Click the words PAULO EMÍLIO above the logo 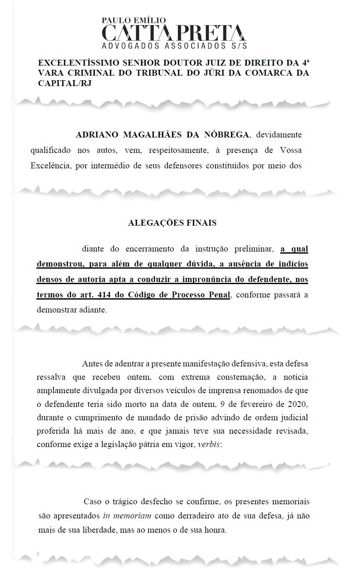134,20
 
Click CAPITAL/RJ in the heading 64,83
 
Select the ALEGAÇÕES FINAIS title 172,223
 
